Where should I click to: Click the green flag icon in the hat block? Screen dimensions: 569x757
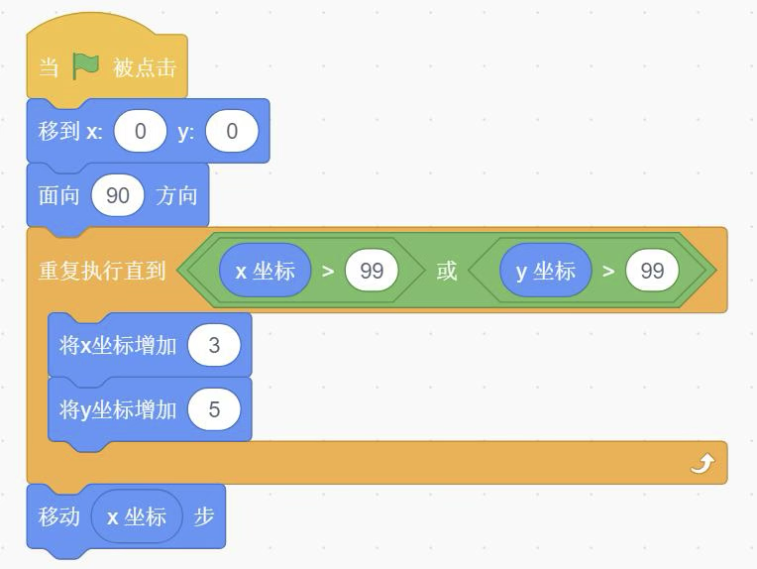click(86, 66)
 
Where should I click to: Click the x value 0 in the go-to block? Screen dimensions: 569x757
click(140, 131)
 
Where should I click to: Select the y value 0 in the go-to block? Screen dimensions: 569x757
click(232, 131)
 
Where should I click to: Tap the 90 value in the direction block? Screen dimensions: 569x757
click(118, 195)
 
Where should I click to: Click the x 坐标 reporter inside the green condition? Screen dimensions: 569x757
click(265, 271)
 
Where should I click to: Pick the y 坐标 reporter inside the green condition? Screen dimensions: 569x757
click(545, 271)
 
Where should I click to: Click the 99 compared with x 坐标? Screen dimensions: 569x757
click(372, 271)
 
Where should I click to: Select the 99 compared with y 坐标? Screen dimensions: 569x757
click(652, 271)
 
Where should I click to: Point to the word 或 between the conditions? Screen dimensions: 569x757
click(447, 271)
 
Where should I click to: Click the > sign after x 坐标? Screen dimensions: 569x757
click(328, 271)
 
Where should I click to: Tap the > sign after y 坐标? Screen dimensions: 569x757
click(608, 271)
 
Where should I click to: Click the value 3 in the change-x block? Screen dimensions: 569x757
click(214, 345)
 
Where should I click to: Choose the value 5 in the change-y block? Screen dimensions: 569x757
click(214, 408)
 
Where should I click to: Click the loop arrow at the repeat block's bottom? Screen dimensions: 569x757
click(702, 463)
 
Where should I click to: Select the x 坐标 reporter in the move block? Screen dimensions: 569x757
click(137, 516)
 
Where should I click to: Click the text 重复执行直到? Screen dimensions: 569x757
click(102, 271)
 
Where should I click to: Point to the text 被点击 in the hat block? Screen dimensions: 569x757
click(145, 67)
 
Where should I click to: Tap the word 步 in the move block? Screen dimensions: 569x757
click(204, 516)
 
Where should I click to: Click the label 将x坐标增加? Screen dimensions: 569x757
click(118, 345)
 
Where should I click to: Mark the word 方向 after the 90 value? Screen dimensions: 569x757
click(177, 195)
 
